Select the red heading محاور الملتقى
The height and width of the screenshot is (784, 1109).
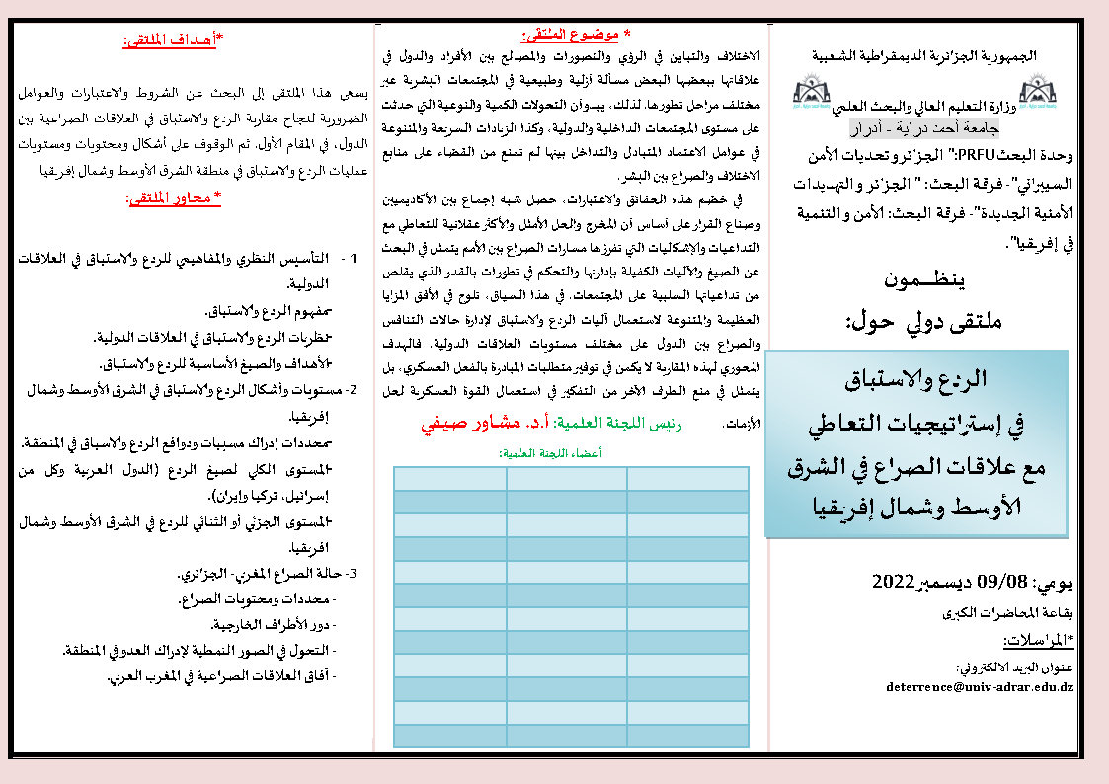coord(175,199)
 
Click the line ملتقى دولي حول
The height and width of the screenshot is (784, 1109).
coord(926,320)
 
